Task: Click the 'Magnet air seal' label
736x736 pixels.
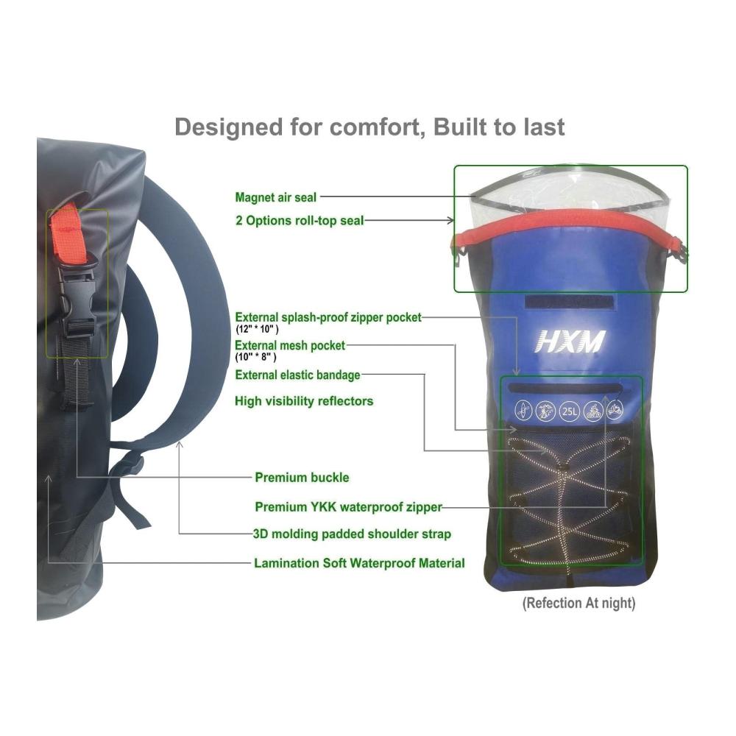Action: (276, 197)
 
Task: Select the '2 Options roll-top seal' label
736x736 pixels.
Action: (300, 220)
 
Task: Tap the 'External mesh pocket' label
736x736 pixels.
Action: (290, 345)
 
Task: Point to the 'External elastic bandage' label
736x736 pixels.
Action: (297, 375)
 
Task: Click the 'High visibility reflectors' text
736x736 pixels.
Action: (304, 401)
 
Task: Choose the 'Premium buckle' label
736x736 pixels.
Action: (302, 478)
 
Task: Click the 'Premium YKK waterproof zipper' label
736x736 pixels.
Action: (348, 507)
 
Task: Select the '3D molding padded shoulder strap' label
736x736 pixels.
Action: (352, 534)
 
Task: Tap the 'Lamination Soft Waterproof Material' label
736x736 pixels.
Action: (360, 563)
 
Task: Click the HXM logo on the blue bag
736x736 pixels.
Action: (570, 342)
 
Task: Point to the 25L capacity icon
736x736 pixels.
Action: (569, 411)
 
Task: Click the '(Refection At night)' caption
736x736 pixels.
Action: (578, 604)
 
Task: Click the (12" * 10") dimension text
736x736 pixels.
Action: (257, 329)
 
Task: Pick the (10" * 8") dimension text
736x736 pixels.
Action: (255, 357)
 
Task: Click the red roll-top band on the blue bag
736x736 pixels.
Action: (570, 221)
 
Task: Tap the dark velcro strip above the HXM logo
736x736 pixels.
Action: (570, 302)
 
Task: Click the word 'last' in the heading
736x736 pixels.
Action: (545, 127)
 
